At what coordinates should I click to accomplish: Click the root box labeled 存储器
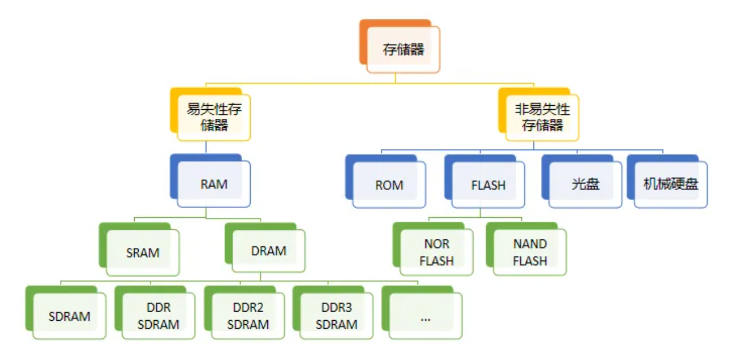403,49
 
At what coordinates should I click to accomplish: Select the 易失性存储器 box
214,117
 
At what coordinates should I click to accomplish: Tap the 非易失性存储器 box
542,117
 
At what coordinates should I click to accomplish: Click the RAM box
214,184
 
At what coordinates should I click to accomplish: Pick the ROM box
389,185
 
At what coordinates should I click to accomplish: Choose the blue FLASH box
488,185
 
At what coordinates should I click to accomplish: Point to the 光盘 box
586,185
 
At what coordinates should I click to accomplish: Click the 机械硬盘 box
671,185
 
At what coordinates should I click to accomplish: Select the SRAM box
143,253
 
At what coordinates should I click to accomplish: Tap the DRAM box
268,251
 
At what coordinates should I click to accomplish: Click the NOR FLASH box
437,253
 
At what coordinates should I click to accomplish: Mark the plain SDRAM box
69,316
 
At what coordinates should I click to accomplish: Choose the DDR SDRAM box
158,316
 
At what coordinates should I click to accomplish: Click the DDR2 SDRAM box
248,316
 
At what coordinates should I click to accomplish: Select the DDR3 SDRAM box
337,316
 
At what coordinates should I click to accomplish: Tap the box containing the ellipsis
425,316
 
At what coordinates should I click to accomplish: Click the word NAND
530,244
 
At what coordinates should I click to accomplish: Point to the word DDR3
337,308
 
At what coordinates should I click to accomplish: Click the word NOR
437,244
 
